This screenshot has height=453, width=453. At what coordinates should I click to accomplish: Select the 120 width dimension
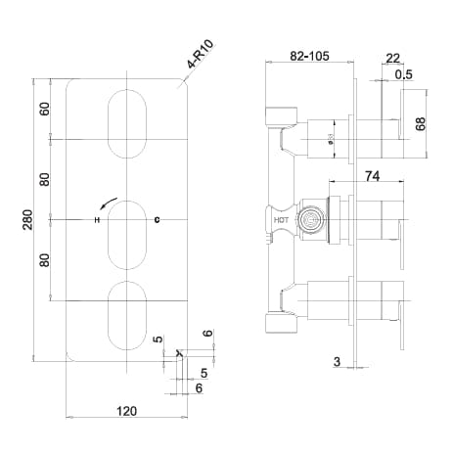tap(126, 413)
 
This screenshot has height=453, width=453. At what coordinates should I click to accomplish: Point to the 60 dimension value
tap(43, 108)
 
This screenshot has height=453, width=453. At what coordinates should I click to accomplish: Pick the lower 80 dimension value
tap(43, 260)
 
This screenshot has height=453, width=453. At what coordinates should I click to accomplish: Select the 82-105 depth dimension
tap(309, 58)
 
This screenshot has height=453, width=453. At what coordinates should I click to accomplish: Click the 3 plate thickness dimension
tap(337, 362)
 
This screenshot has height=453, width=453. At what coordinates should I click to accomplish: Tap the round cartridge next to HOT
tap(311, 220)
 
